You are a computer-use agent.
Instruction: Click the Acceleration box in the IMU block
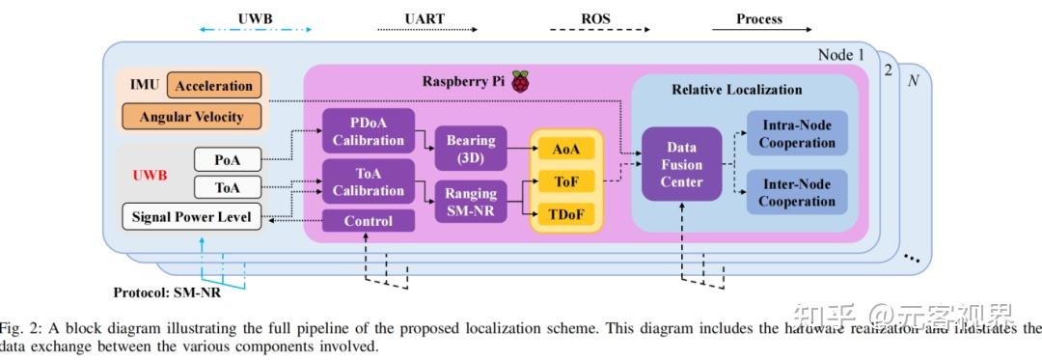click(214, 86)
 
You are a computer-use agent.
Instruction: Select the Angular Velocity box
click(192, 118)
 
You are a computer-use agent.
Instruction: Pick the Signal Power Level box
click(192, 217)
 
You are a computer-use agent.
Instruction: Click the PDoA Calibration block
click(368, 131)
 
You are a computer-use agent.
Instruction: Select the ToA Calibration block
click(368, 181)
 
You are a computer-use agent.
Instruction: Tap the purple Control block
click(368, 221)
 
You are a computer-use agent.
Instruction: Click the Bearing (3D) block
click(470, 149)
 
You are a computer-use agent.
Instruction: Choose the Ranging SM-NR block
click(470, 201)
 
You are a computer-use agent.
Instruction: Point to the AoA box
click(566, 149)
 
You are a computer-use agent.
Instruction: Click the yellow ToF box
click(566, 180)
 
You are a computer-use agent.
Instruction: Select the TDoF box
click(566, 212)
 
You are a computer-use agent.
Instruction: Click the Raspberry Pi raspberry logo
click(520, 82)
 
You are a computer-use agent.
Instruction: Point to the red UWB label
click(150, 176)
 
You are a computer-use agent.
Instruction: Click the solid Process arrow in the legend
click(759, 30)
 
